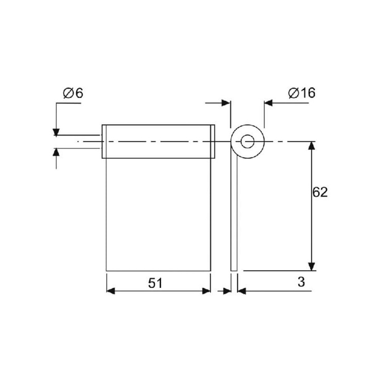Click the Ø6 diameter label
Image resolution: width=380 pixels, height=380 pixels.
73,93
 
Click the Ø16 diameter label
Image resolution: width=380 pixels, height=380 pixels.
302,93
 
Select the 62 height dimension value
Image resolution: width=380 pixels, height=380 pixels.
320,192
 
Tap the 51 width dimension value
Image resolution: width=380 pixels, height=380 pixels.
155,283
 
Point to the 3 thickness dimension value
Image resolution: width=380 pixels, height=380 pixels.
301,282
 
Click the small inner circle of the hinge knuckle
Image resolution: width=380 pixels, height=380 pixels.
247,142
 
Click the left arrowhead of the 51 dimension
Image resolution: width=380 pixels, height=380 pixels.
111,291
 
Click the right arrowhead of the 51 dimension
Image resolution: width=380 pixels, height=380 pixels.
207,291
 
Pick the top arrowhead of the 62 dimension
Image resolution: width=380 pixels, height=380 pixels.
312,146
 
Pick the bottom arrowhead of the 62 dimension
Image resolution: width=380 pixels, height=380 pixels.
312,266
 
